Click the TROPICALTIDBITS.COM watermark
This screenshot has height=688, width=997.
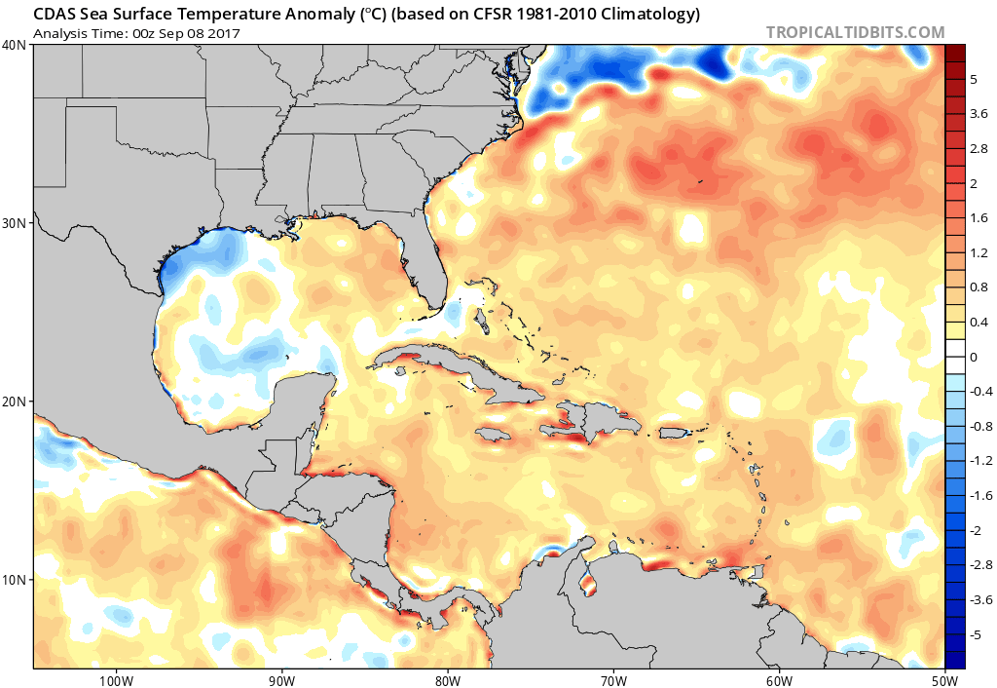coord(855,32)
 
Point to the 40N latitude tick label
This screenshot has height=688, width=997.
coord(15,45)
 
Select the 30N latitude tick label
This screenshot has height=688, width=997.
coord(15,223)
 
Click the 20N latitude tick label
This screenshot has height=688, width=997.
coord(15,401)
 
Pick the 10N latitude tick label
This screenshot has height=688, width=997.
coord(15,580)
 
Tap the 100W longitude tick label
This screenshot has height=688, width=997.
coord(115,679)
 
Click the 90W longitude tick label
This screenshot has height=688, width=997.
coord(281,679)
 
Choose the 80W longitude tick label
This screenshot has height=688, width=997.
coord(447,679)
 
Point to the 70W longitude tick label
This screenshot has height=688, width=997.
coord(613,679)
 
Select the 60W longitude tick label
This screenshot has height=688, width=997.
coord(779,679)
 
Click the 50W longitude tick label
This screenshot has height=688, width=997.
coord(944,679)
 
